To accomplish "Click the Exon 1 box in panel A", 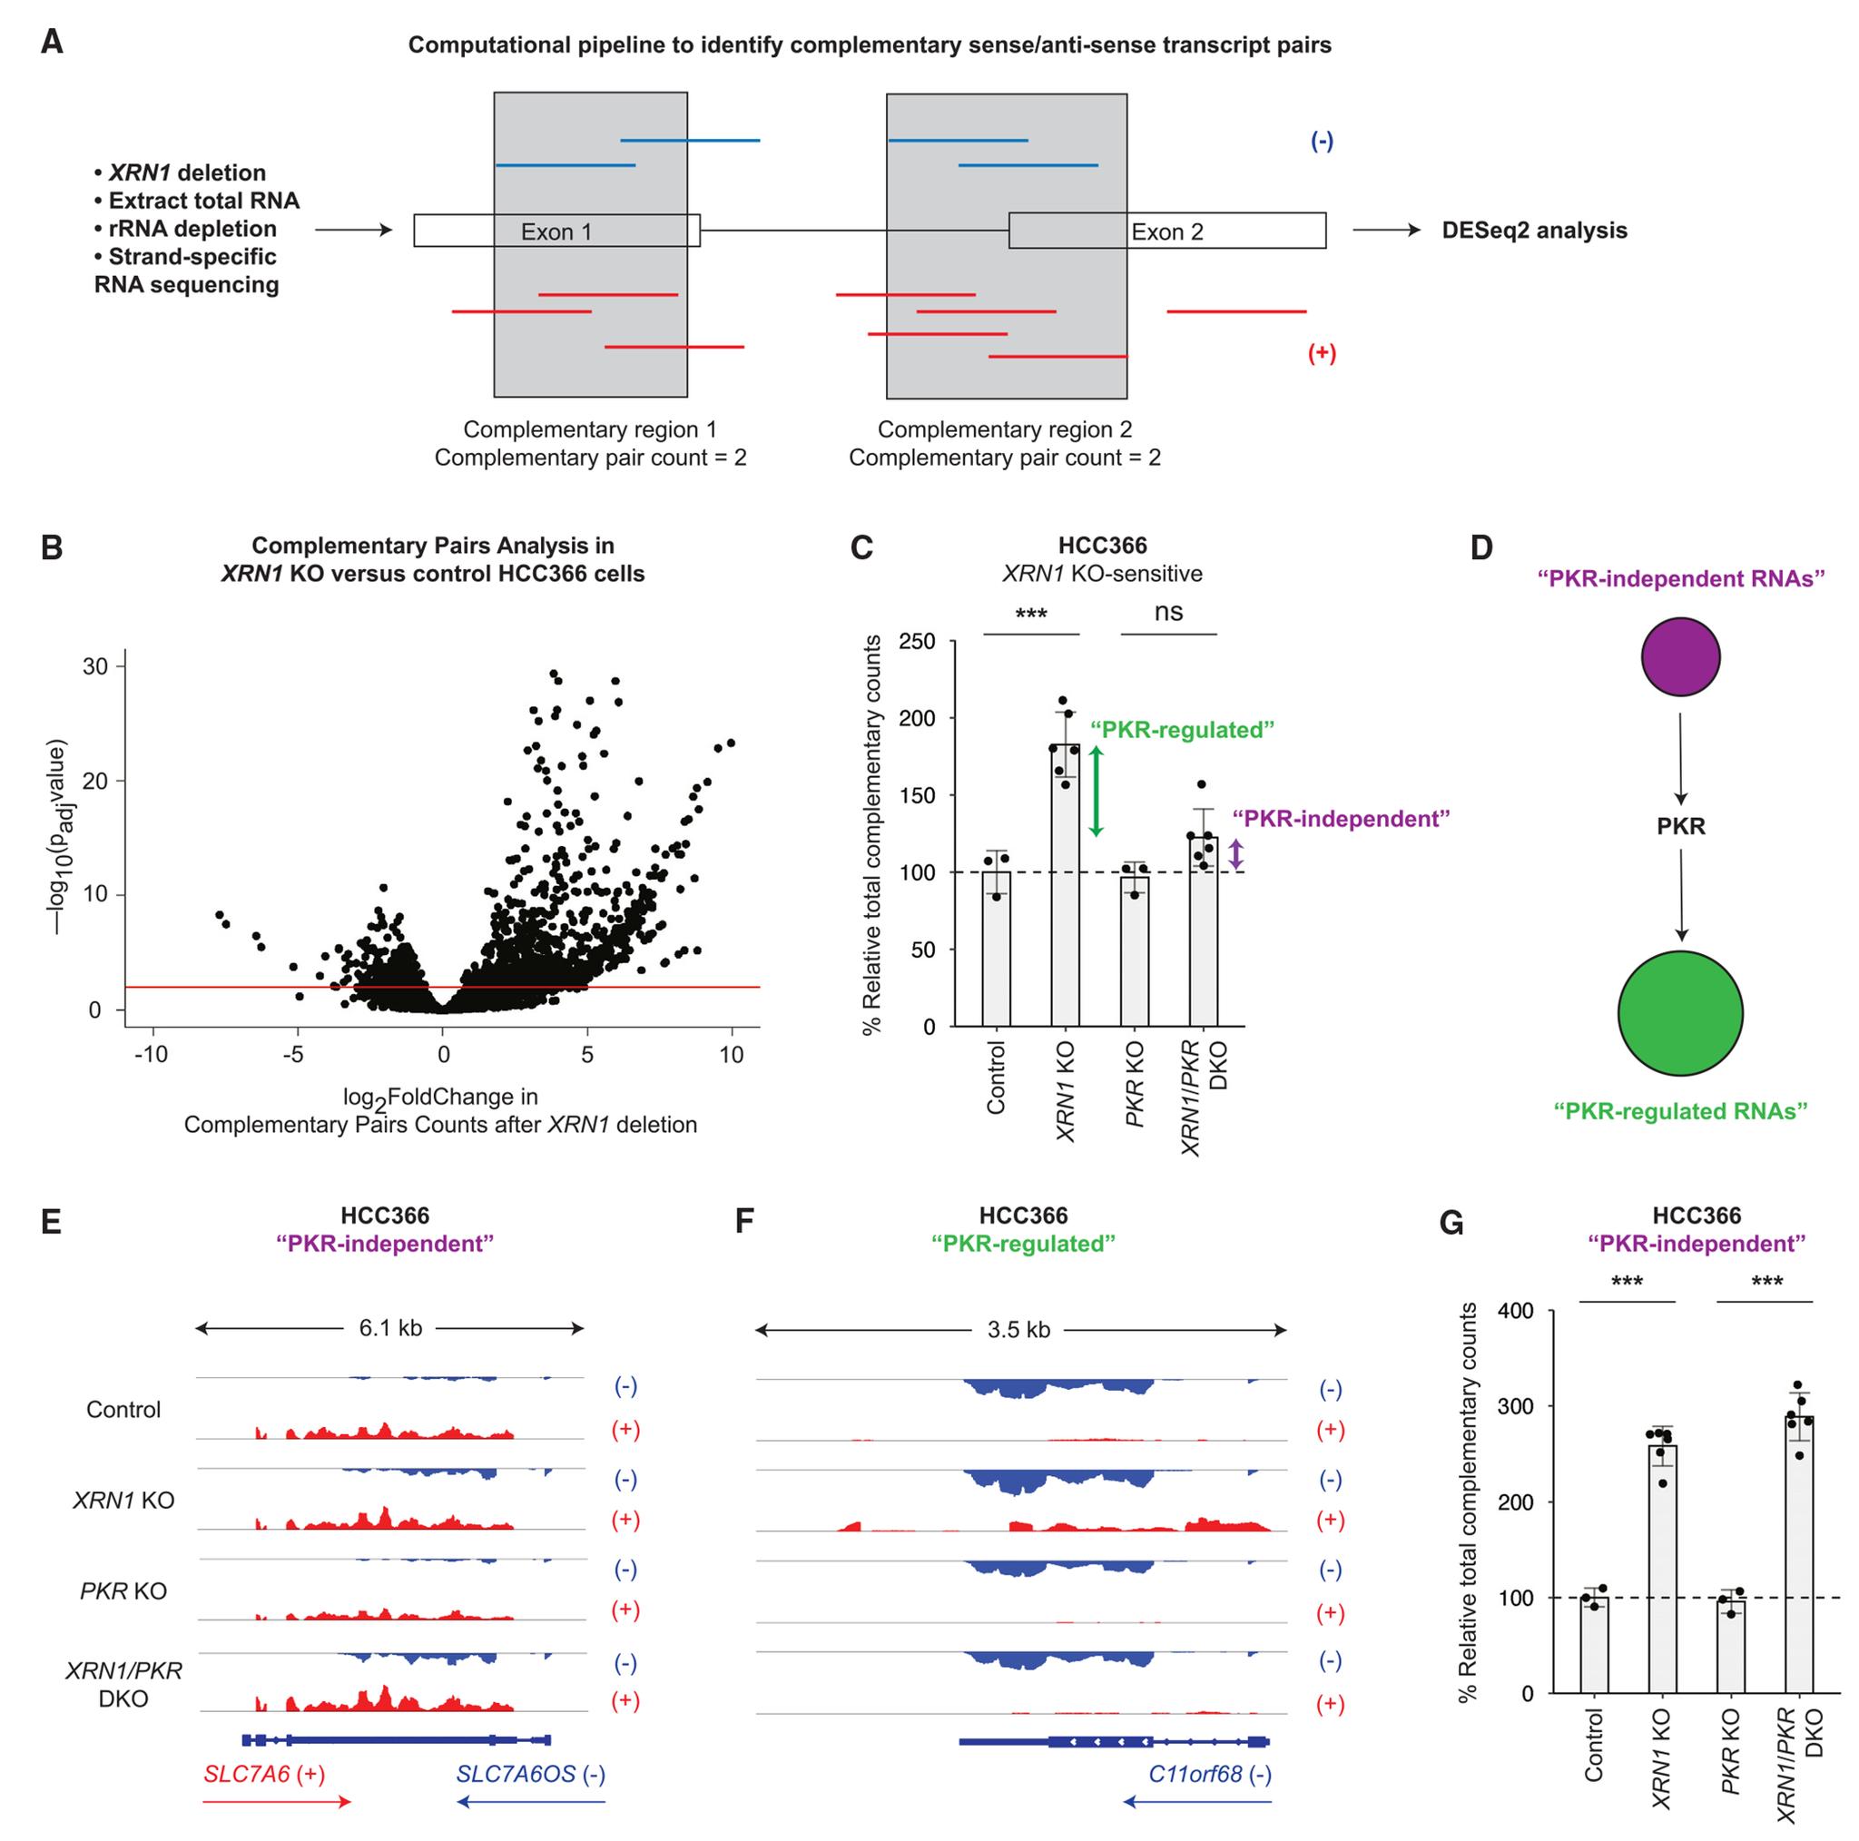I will coord(556,231).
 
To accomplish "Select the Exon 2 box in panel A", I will coord(1166,231).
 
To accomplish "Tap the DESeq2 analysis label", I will coord(1534,231).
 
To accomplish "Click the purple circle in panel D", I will coord(1680,656).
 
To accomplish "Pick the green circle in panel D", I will coord(1680,1012).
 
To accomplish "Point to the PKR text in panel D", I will coord(1680,826).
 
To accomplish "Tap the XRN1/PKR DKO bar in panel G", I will coord(1799,1559).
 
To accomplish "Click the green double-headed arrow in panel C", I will coord(1095,791).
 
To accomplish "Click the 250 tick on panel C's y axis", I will coord(916,642).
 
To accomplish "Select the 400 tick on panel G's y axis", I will coord(1515,1311).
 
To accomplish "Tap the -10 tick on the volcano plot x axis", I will coord(151,1054).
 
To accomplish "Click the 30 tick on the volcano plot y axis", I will coord(95,667).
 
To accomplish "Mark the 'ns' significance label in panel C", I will coord(1168,612).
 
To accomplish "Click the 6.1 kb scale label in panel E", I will coord(389,1328).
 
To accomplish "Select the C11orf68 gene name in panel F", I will coord(1195,1774).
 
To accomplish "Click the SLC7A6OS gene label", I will coord(516,1774).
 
